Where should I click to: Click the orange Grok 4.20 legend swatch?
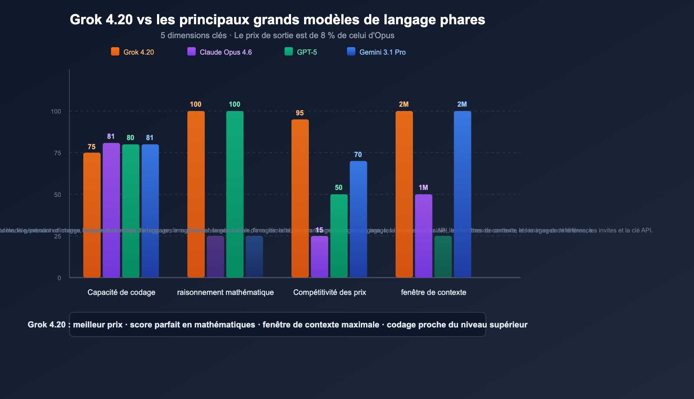(115, 52)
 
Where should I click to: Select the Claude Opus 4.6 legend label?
(226, 52)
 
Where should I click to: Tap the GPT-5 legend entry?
(307, 52)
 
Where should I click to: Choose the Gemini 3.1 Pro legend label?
(382, 52)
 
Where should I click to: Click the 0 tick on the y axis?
(59, 278)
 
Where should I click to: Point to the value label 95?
(300, 113)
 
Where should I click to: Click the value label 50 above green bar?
(339, 188)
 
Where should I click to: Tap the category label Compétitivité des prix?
(330, 292)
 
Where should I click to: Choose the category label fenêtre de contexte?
(433, 292)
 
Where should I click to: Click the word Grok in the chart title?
(86, 20)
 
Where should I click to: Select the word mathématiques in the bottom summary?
(226, 325)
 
